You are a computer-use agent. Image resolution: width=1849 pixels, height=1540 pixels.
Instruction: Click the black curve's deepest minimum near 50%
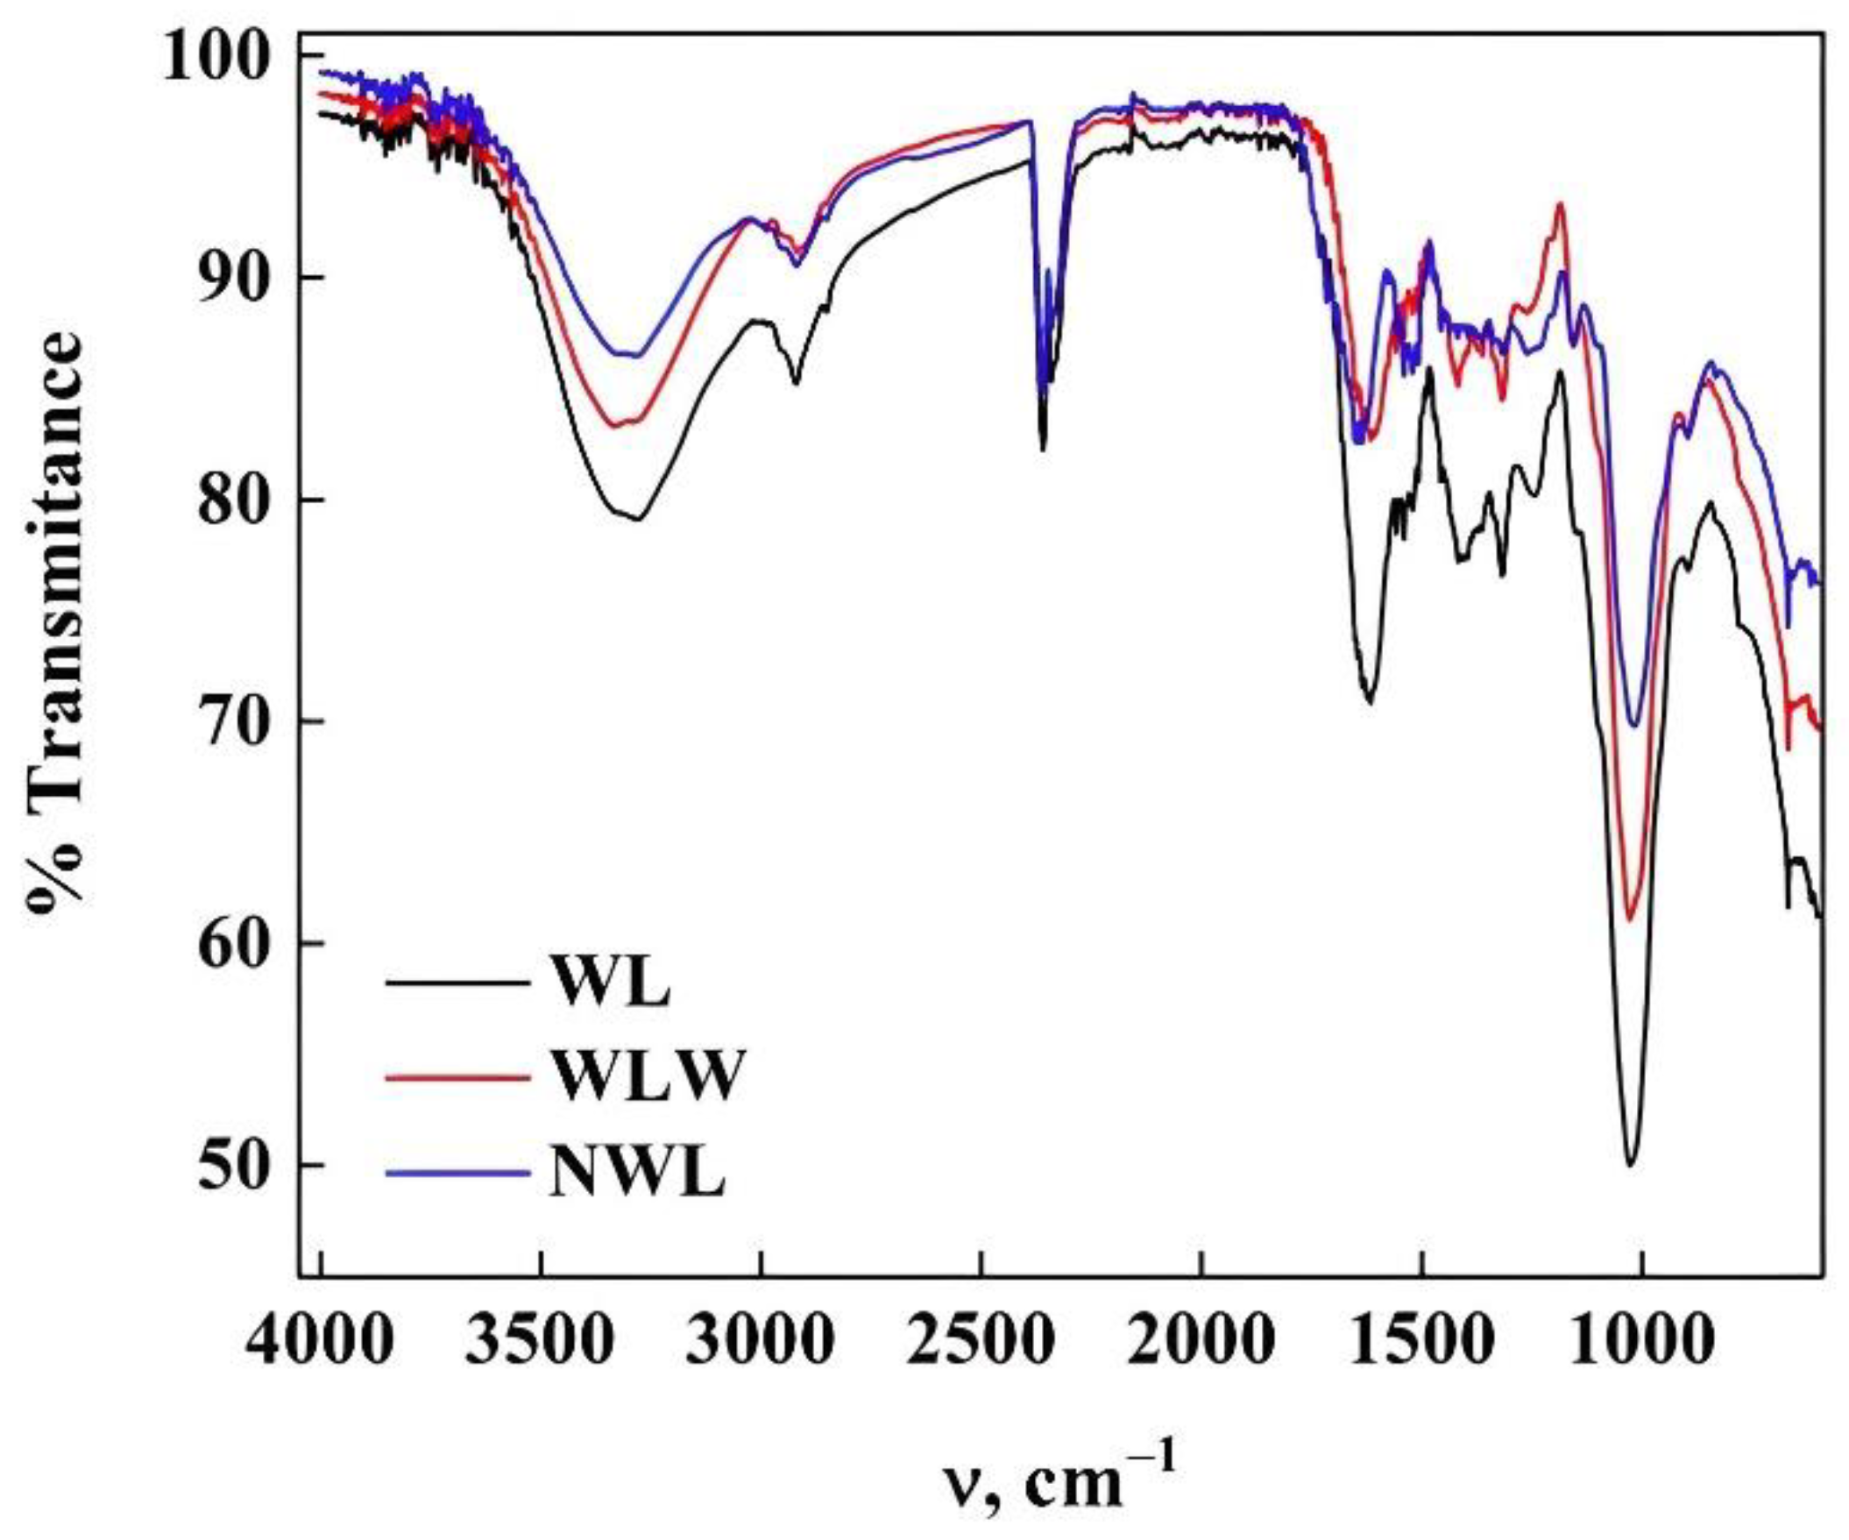coord(1631,1165)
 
